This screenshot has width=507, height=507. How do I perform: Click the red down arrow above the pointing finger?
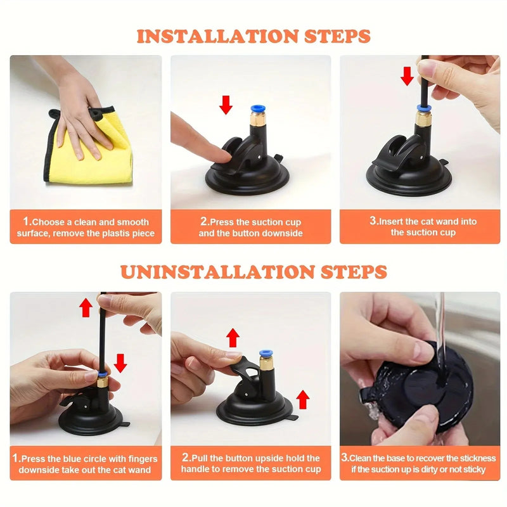point(226,104)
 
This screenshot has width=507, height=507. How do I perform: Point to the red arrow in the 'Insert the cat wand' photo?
point(407,76)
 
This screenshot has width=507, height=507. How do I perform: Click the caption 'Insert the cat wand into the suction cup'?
point(423,227)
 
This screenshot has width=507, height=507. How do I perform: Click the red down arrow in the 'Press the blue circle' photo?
point(120,363)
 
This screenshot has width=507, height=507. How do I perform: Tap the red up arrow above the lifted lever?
point(233,337)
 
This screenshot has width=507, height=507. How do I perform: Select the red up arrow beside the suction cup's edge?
point(303,399)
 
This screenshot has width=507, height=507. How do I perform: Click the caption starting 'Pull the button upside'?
point(251,463)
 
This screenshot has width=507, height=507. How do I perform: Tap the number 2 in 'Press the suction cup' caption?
point(204,222)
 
